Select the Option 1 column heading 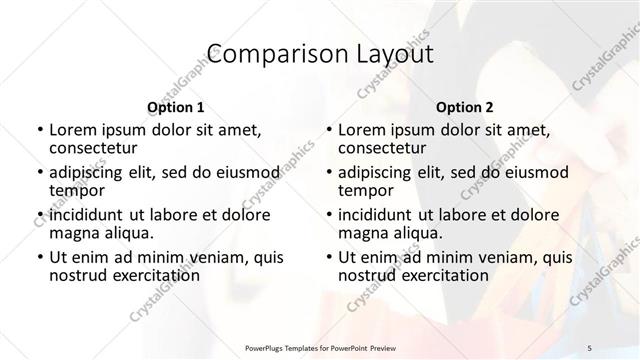(175, 106)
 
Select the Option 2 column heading (463, 106)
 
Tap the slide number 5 (590, 347)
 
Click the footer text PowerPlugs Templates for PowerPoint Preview (319, 347)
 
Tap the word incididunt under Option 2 (379, 214)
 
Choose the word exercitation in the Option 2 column (441, 274)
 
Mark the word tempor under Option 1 (76, 190)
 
